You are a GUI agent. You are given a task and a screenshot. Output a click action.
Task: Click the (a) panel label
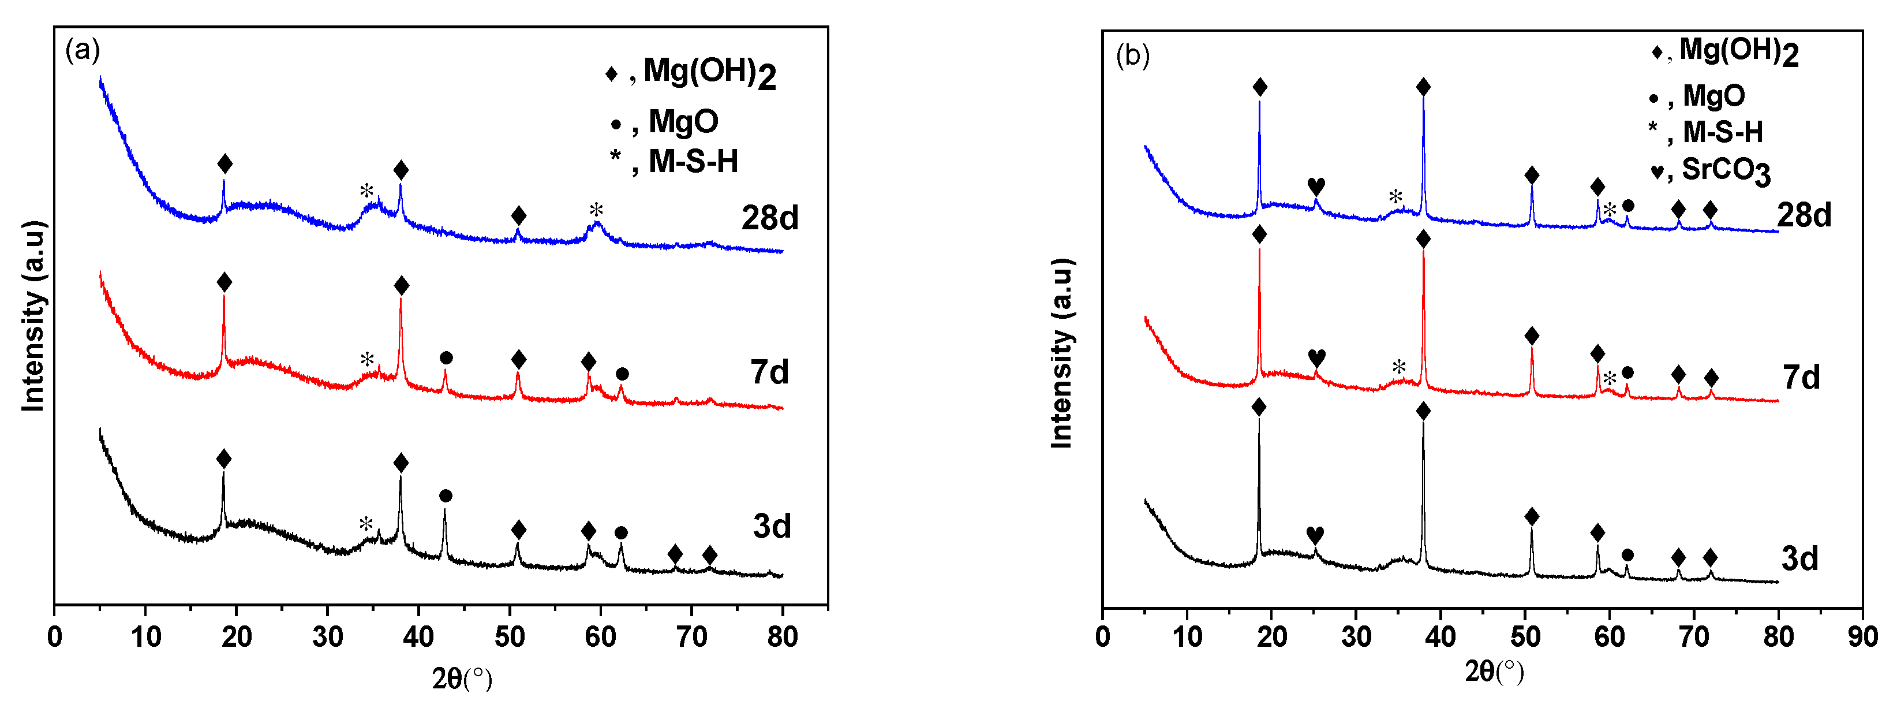82,50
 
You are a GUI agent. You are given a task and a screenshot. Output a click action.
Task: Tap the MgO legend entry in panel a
664,121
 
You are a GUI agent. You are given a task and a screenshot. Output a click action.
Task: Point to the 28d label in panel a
769,218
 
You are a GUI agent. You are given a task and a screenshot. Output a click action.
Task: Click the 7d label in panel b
1801,377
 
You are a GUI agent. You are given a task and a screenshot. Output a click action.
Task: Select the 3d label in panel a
771,526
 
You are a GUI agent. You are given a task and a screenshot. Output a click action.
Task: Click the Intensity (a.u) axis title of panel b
1061,353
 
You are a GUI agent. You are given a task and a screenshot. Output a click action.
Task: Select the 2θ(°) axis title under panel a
462,678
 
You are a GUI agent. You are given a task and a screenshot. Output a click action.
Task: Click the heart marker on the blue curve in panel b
1316,187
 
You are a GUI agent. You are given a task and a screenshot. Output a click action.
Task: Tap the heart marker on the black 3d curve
1315,535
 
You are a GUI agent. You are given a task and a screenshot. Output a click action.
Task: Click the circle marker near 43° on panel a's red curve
446,358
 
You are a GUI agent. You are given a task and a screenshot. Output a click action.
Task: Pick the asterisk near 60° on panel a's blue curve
596,211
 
